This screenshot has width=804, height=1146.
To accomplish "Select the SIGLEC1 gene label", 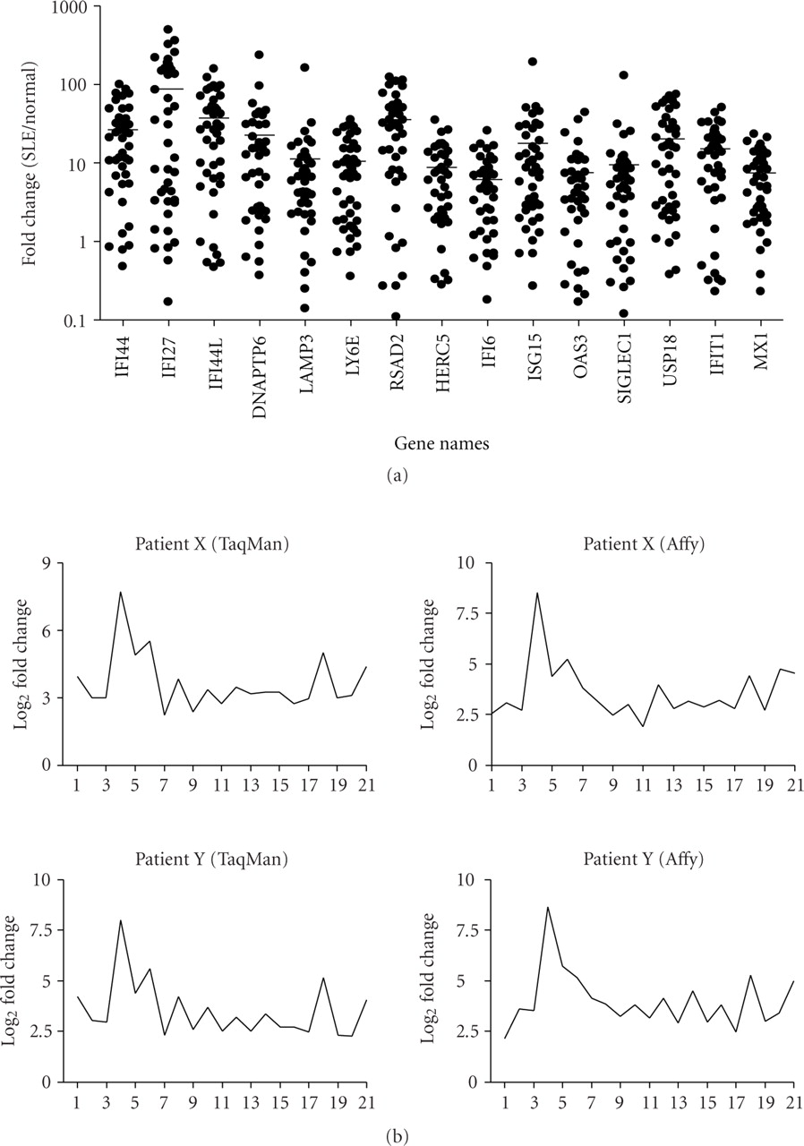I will pyautogui.click(x=625, y=367).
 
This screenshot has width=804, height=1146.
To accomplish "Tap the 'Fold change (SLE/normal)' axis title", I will pyautogui.click(x=31, y=166).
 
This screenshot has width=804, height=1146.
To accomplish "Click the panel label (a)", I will pyautogui.click(x=394, y=476).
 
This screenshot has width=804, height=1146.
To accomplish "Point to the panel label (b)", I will pyautogui.click(x=394, y=1132).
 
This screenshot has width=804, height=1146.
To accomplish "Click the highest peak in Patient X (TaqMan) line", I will pyautogui.click(x=120, y=592).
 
